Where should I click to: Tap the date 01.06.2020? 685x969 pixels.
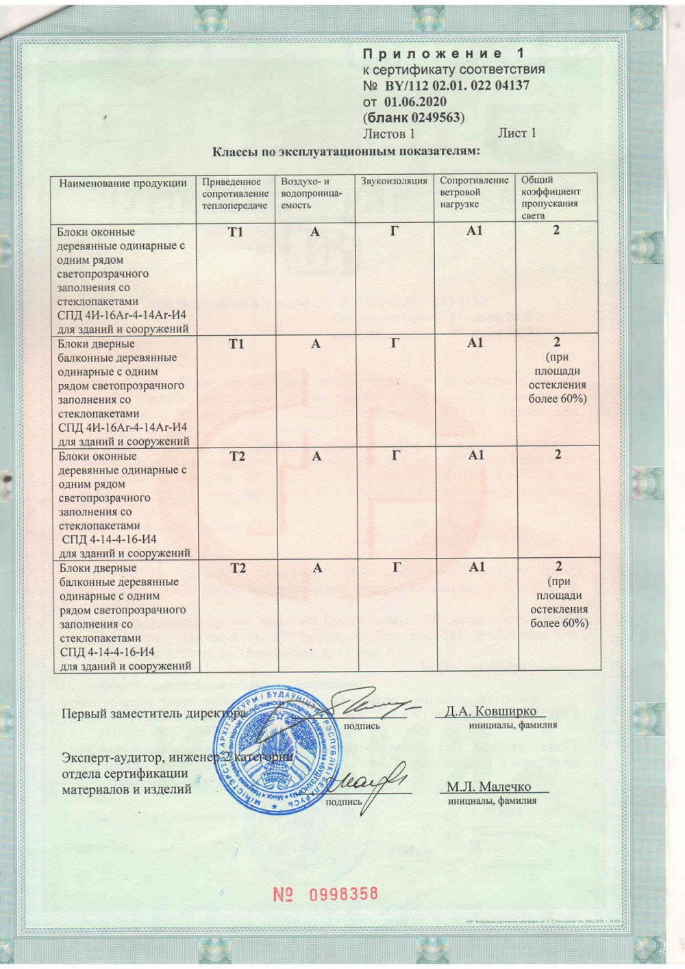[415, 102]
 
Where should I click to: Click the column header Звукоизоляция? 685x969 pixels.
[394, 182]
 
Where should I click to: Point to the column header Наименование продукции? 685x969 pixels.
[123, 183]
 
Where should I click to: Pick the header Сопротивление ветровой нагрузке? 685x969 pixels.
[474, 192]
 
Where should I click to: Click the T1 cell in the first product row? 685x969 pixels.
[236, 232]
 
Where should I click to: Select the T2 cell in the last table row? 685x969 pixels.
[238, 568]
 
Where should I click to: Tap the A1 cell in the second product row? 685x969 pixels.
[475, 343]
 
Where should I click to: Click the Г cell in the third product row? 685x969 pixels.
[396, 455]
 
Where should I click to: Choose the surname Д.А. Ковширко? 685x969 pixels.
[490, 711]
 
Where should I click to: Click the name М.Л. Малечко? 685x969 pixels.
[489, 787]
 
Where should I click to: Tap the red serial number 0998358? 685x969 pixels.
[343, 894]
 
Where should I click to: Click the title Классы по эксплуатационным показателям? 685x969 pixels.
[346, 151]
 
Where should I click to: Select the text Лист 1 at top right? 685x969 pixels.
[516, 133]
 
